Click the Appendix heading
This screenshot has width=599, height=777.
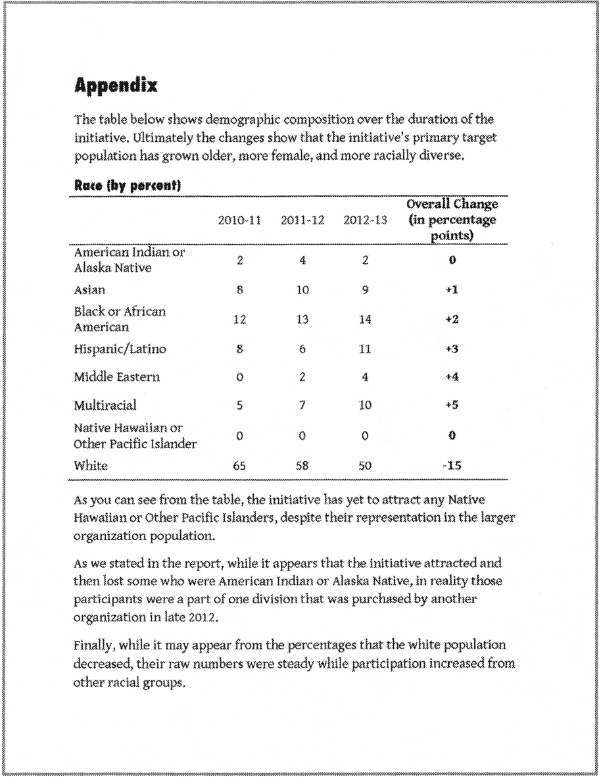click(x=116, y=86)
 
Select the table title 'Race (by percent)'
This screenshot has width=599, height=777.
click(x=127, y=187)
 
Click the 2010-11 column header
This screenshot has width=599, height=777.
click(x=240, y=220)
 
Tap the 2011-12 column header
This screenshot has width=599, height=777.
click(x=302, y=220)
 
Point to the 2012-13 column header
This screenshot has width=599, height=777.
click(x=365, y=220)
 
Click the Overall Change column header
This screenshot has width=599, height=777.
click(x=452, y=220)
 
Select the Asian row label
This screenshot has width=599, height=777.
click(x=89, y=289)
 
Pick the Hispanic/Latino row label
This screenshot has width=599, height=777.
click(x=120, y=349)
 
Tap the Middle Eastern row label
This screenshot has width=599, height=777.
click(x=117, y=377)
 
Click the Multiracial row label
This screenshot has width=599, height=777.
click(x=105, y=405)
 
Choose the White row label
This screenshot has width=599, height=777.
click(x=91, y=466)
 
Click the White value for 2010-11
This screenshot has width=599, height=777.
click(x=240, y=466)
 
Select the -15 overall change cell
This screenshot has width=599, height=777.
click(x=452, y=466)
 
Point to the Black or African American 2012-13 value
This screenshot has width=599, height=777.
click(x=365, y=320)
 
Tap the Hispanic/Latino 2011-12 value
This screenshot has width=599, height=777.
click(x=302, y=349)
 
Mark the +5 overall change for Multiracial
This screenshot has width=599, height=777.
click(x=452, y=406)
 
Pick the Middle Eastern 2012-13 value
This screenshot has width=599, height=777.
click(x=365, y=378)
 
